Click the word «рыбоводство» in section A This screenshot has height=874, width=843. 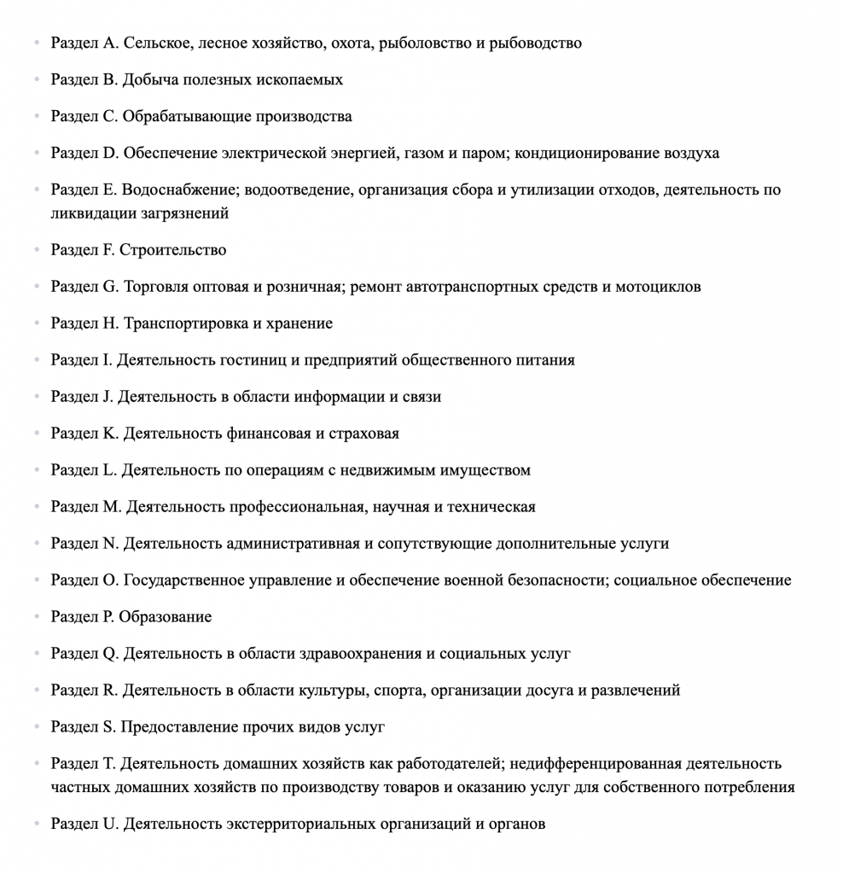point(535,43)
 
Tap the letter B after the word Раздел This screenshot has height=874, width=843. point(108,79)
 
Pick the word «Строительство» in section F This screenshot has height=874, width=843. point(172,250)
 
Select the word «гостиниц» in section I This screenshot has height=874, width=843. point(259,360)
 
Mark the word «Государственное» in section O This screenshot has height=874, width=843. point(188,580)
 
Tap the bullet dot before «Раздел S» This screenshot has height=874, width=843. point(37,727)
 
